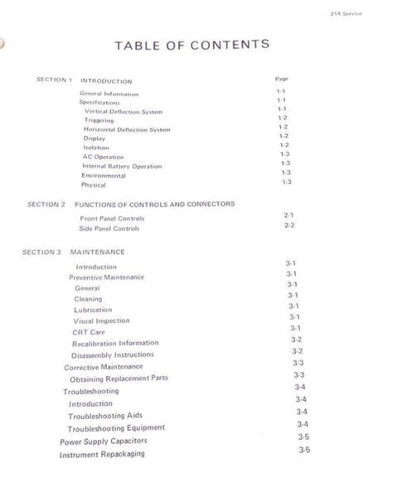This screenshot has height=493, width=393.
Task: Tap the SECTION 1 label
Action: point(55,80)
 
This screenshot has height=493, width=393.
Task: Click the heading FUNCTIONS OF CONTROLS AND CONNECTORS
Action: point(155,203)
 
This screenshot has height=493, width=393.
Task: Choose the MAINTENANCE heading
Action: point(98,251)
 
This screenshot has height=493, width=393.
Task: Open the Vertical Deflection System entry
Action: point(124,111)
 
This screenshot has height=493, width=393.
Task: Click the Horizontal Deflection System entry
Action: point(127,129)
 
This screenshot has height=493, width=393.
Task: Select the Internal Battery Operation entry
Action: point(121,166)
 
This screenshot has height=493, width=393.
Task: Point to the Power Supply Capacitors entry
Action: point(102,442)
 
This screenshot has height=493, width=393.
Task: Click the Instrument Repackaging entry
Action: point(102,454)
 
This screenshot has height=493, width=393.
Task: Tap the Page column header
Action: point(280,79)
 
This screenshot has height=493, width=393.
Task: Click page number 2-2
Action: point(289,226)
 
